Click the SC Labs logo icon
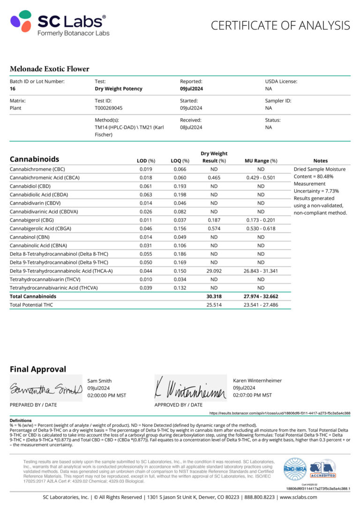pyautogui.click(x=21, y=21)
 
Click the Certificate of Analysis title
pyautogui.click(x=280, y=25)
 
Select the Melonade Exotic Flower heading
pyautogui.click(x=49, y=69)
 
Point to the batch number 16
pyautogui.click(x=13, y=88)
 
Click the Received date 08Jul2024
pyautogui.click(x=191, y=127)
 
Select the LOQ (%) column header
pyautogui.click(x=180, y=161)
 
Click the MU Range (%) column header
pyautogui.click(x=261, y=161)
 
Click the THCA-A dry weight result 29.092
pyautogui.click(x=214, y=271)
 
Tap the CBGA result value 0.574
pyautogui.click(x=214, y=228)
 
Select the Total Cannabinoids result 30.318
pyautogui.click(x=214, y=297)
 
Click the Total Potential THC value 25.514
pyautogui.click(x=214, y=305)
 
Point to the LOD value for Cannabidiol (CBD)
pyautogui.click(x=145, y=186)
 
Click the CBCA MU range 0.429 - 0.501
pyautogui.click(x=261, y=177)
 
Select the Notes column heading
pyautogui.click(x=320, y=161)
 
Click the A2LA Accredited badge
pyautogui.click(x=322, y=469)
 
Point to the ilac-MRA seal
pyautogui.click(x=295, y=469)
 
